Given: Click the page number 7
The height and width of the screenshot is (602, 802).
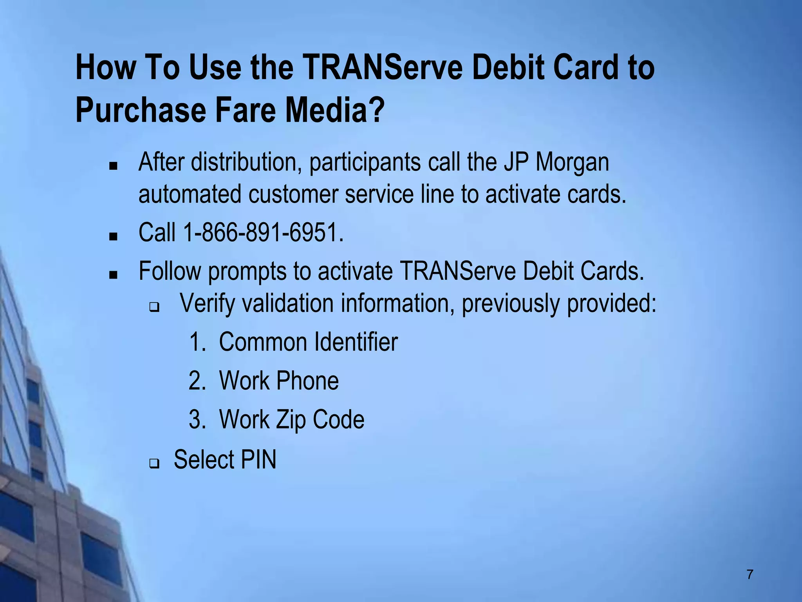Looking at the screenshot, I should click(750, 574).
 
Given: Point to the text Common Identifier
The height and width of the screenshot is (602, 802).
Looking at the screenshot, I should click(308, 342).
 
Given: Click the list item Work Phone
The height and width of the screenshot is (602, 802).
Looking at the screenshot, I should click(278, 381).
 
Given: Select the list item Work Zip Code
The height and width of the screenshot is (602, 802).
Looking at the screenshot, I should click(291, 419).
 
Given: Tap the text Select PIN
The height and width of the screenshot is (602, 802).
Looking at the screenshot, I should click(225, 459).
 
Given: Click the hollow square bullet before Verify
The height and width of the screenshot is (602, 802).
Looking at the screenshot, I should click(154, 308).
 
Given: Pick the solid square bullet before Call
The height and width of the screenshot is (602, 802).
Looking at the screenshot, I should click(114, 236).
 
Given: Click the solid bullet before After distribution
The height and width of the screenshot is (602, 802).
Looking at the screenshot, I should click(114, 166).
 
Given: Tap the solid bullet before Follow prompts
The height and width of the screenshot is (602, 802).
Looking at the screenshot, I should click(114, 275).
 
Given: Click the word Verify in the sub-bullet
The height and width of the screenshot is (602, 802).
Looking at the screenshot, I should click(207, 304).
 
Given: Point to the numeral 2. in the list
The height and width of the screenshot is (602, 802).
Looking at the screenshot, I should click(197, 381).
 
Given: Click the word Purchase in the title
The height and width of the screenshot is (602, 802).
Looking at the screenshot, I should click(141, 110).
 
